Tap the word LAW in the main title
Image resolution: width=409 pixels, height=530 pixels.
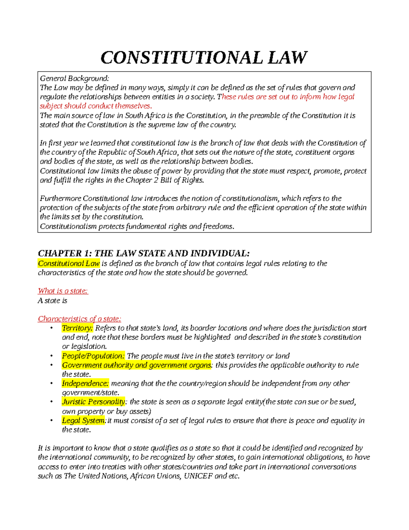pos(287,57)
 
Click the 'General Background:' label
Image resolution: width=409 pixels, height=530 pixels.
pos(74,78)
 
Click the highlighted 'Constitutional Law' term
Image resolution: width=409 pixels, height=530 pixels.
pos(69,263)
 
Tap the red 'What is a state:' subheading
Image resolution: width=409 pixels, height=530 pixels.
pos(63,291)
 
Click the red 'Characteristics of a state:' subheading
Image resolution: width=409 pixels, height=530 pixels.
pos(79,319)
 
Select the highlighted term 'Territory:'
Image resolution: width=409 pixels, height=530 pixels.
pos(77,328)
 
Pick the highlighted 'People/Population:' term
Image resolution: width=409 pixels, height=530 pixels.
pos(93,356)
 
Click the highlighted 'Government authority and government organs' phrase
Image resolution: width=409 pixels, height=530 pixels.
pos(137,365)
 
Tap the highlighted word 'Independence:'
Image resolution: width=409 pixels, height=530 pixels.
pos(85,384)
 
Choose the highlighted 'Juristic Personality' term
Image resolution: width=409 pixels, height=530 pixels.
pos(93,402)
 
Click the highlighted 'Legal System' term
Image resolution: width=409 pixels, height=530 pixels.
pos(83,421)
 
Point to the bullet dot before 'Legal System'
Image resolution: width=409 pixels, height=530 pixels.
pos(51,421)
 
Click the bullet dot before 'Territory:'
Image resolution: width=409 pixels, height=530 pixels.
pos(51,328)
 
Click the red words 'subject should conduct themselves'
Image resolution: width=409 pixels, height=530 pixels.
pos(95,106)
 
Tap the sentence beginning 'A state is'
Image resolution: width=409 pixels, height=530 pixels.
pos(52,301)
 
